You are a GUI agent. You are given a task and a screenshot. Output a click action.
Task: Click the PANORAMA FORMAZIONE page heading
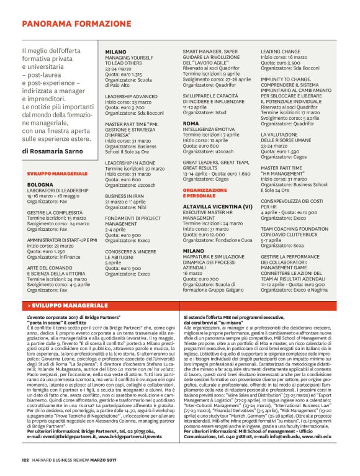(x=69, y=24)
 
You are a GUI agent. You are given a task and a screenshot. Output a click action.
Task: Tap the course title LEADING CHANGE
(x=281, y=52)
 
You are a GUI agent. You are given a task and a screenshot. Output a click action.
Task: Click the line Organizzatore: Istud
(x=205, y=113)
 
